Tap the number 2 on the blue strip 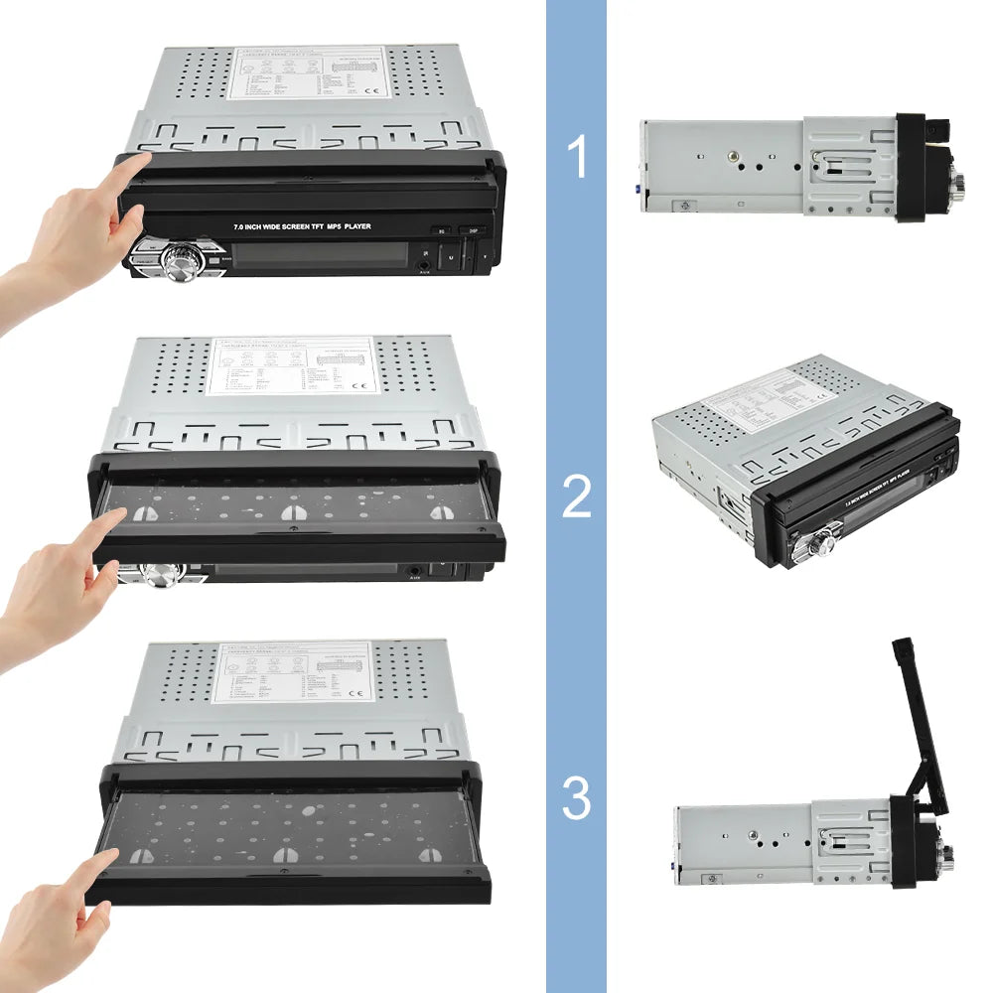click(x=577, y=496)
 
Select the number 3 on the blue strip click(x=577, y=798)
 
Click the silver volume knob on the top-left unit click(x=183, y=262)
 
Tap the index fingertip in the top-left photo click(x=139, y=163)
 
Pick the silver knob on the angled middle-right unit click(x=823, y=542)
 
